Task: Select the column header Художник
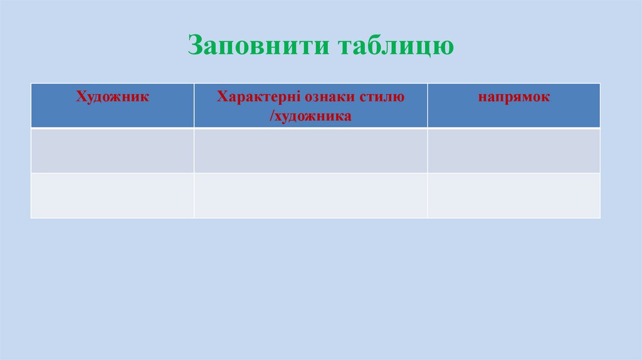point(112,97)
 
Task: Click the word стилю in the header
point(382,97)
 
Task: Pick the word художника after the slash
point(313,116)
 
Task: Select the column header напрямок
point(513,97)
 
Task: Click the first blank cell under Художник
point(112,151)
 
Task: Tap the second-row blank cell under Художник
point(112,195)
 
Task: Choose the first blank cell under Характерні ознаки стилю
point(310,151)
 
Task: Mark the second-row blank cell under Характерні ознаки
point(310,195)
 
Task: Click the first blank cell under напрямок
point(513,151)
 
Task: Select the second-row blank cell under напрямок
point(513,195)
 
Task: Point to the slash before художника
point(273,116)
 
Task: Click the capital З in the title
point(195,46)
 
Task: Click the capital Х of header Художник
point(81,97)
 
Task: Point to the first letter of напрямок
point(481,98)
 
